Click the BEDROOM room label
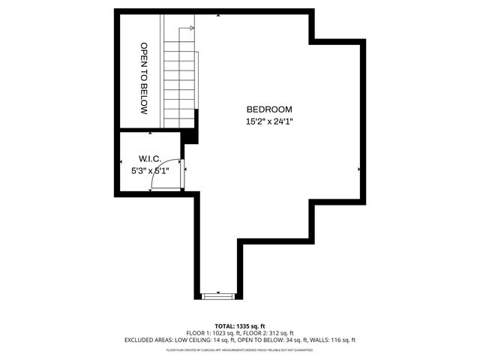pyautogui.click(x=268, y=109)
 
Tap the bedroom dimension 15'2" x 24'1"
pyautogui.click(x=268, y=121)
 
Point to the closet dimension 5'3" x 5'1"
pyautogui.click(x=150, y=170)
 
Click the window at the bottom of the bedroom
pyautogui.click(x=219, y=295)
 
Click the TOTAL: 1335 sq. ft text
pyautogui.click(x=239, y=325)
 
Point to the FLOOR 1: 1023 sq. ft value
pyautogui.click(x=211, y=332)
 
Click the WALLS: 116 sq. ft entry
pyautogui.click(x=330, y=340)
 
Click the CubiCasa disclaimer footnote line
pyautogui.click(x=239, y=349)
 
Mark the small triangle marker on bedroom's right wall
pyautogui.click(x=359, y=169)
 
